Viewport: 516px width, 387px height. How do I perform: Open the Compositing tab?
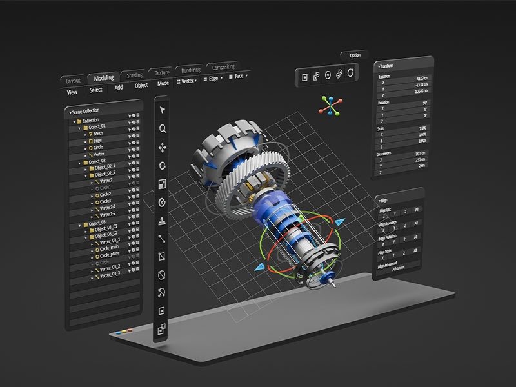point(223,66)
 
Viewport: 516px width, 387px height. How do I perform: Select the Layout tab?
point(72,81)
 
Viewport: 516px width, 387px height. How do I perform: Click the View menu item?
point(72,92)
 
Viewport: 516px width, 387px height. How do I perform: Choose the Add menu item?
point(118,88)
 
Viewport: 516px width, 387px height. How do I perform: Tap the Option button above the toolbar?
point(355,55)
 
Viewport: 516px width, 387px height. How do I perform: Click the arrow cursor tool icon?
point(163,109)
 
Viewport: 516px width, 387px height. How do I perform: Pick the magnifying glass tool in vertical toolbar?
point(163,128)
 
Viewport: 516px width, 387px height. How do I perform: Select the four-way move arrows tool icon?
point(163,147)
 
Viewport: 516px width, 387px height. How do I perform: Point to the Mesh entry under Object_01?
point(98,134)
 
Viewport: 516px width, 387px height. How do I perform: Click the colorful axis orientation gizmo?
point(330,106)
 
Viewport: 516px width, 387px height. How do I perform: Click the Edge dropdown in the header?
point(213,79)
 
